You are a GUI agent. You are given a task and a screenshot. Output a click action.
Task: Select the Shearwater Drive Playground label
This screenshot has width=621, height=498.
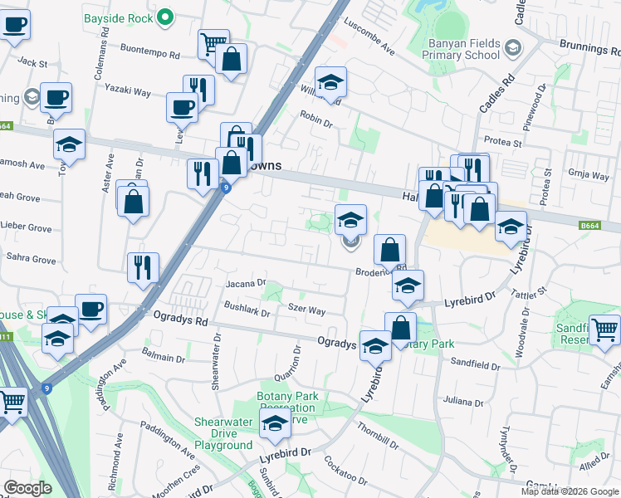coord(223,433)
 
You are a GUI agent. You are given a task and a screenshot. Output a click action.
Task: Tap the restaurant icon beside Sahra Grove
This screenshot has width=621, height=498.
coord(143,267)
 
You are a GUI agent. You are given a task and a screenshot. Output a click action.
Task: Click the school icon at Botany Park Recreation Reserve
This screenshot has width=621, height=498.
coord(275,424)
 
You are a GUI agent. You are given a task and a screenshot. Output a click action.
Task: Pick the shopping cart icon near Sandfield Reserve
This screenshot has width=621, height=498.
coord(604,329)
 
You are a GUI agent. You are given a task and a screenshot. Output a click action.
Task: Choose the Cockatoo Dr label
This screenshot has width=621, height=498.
coord(346,471)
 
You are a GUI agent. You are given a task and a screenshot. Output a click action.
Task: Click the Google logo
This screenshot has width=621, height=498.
coord(27,488)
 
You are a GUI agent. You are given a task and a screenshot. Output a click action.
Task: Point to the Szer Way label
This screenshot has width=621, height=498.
coord(306,310)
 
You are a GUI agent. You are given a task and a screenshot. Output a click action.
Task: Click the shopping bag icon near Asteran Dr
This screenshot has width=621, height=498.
coord(133,200)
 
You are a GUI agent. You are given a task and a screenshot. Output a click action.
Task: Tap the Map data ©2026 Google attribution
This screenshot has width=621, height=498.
coord(570,491)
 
